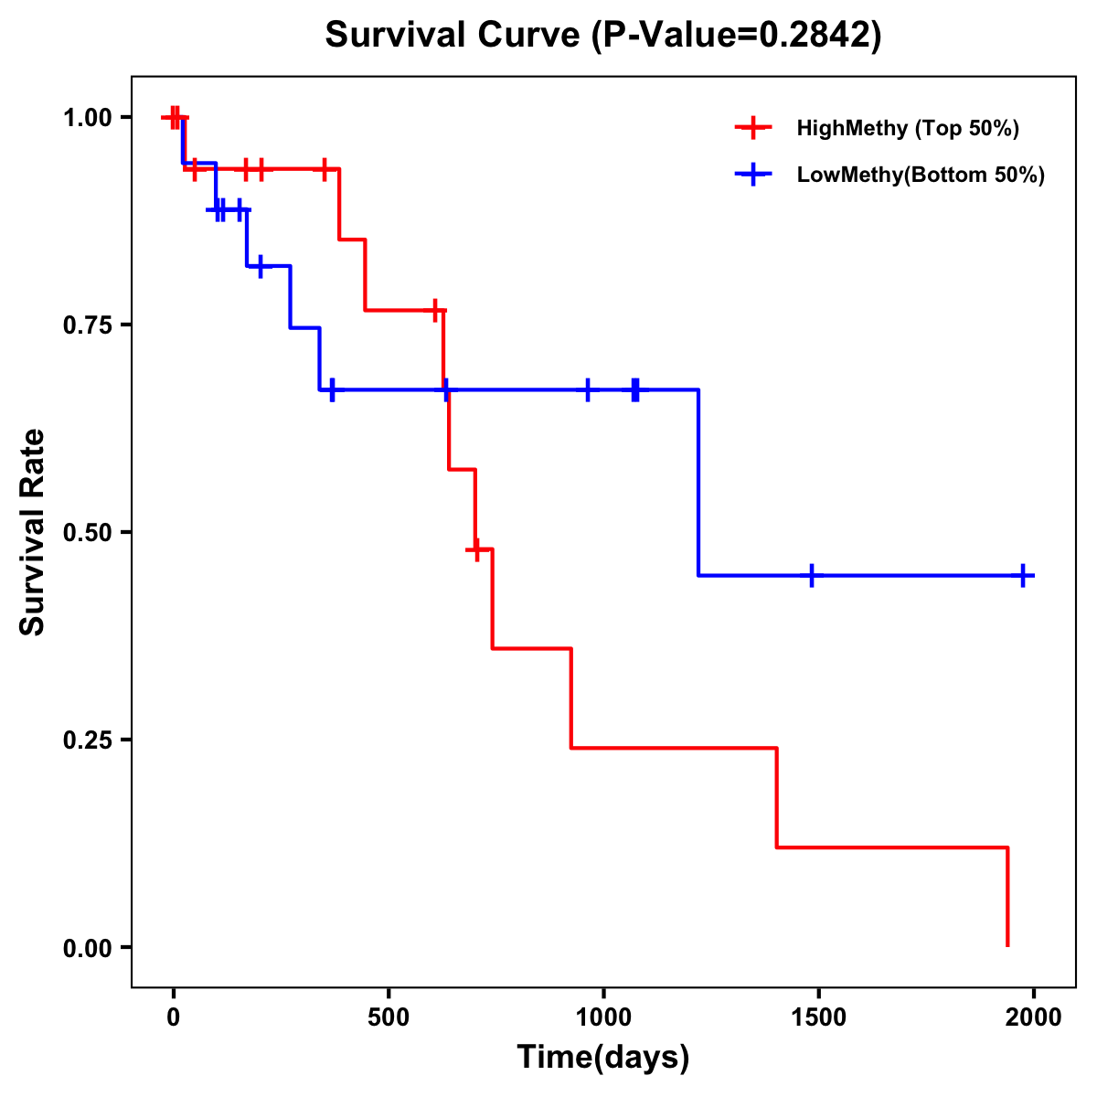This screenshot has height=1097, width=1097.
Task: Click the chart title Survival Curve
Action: [603, 35]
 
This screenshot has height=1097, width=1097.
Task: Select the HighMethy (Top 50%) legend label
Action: [908, 128]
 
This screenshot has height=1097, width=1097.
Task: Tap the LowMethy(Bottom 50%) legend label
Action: [921, 175]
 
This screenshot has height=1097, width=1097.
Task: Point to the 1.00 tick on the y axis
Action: [87, 118]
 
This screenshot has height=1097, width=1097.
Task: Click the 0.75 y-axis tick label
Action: [87, 325]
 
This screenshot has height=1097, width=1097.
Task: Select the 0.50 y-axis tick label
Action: [87, 533]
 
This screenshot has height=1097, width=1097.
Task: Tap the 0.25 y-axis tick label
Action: [87, 740]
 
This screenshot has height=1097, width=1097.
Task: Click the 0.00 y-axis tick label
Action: [87, 948]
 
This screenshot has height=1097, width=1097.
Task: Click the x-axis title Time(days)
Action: [603, 1058]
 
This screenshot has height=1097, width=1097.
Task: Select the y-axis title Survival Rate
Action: [33, 532]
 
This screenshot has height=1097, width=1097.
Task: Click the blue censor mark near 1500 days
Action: [811, 576]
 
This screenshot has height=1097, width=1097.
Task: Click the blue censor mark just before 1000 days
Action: [588, 390]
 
